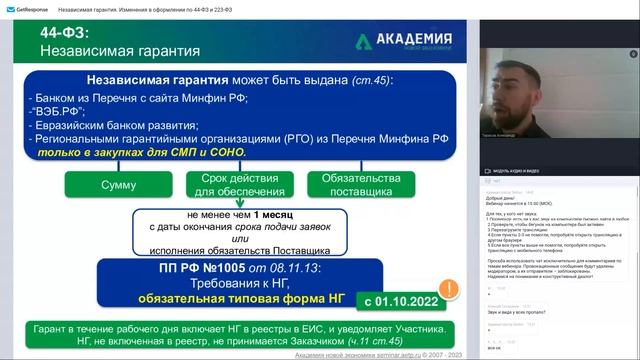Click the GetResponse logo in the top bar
tap(24, 8)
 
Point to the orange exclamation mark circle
tap(450, 291)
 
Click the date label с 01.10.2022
tap(400, 299)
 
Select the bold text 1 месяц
tap(273, 214)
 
